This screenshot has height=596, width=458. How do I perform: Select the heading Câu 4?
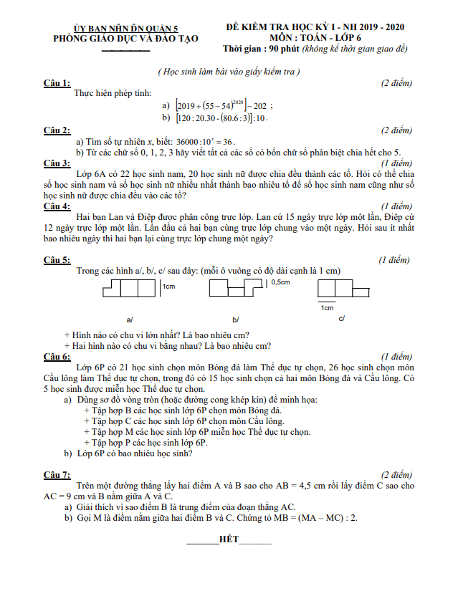(57, 206)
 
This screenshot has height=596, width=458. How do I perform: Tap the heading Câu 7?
(57, 475)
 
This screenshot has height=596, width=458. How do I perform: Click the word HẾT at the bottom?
(229, 538)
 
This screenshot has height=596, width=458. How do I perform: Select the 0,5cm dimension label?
(282, 282)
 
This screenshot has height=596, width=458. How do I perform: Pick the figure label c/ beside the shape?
(341, 317)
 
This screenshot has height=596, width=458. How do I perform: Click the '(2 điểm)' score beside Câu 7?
(396, 475)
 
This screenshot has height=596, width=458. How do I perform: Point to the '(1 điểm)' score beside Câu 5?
(396, 260)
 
